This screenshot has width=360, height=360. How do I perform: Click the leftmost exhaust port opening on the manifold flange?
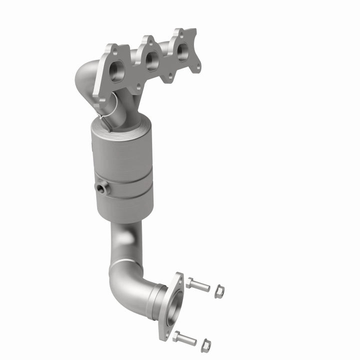click(116, 71)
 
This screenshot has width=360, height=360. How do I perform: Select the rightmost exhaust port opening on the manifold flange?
click(182, 49)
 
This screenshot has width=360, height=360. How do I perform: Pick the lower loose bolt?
click(185, 338)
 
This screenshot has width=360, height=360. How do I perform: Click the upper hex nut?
click(219, 291)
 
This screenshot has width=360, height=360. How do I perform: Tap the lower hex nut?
click(205, 344)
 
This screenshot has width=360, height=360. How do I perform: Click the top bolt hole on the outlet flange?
click(178, 278)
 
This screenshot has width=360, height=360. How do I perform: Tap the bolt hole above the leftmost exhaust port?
click(114, 50)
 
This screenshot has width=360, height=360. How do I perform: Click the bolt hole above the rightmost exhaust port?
click(176, 32)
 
